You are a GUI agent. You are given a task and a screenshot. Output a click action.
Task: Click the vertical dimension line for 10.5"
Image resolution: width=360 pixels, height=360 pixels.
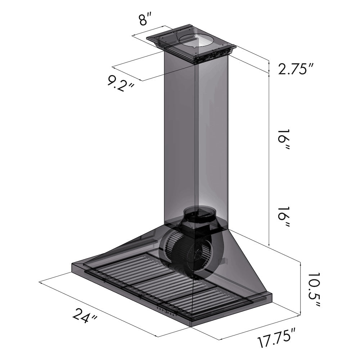[x=300, y=288]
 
